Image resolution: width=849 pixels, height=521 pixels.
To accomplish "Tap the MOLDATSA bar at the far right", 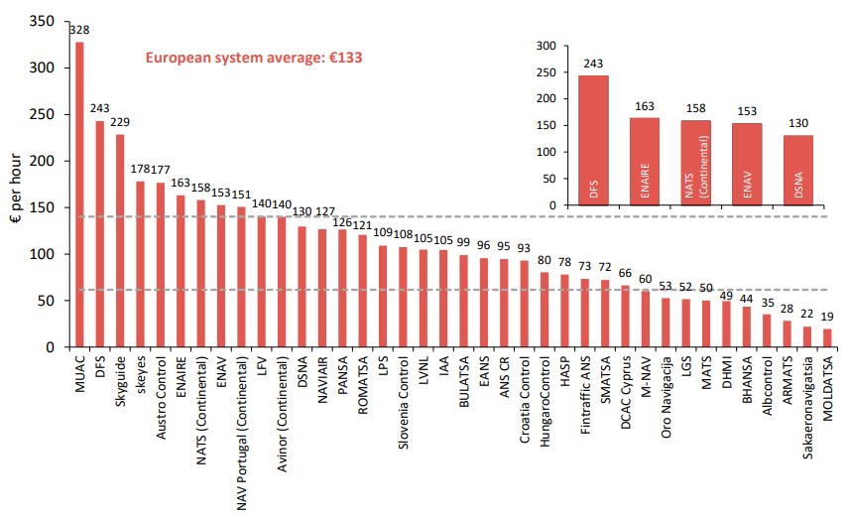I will pyautogui.click(x=828, y=338).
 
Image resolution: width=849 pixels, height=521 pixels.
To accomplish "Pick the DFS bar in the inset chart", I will pyautogui.click(x=593, y=140).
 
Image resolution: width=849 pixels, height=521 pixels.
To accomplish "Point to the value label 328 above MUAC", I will pyautogui.click(x=79, y=30).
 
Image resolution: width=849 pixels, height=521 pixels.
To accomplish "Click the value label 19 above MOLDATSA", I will pyautogui.click(x=828, y=318).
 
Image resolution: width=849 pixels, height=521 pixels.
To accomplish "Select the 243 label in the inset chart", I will pyautogui.click(x=593, y=65).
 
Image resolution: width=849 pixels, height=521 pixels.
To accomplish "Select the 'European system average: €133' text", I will pyautogui.click(x=254, y=58).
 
